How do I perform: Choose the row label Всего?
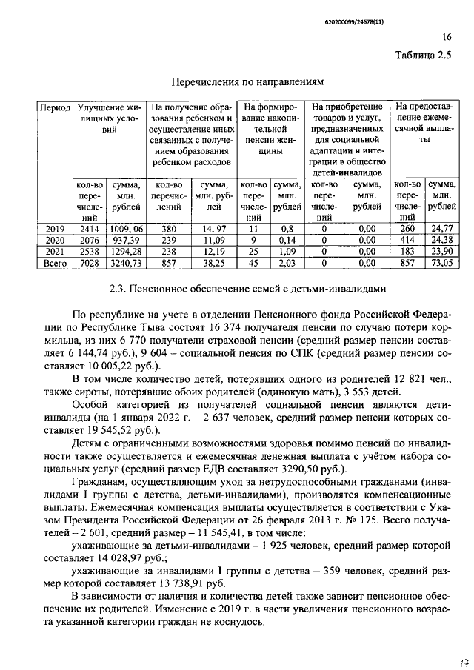(56, 262)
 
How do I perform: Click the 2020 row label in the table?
(56, 240)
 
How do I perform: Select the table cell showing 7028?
(90, 262)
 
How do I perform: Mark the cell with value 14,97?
(213, 229)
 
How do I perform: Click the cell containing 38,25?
(213, 262)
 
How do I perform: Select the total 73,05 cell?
(442, 262)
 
